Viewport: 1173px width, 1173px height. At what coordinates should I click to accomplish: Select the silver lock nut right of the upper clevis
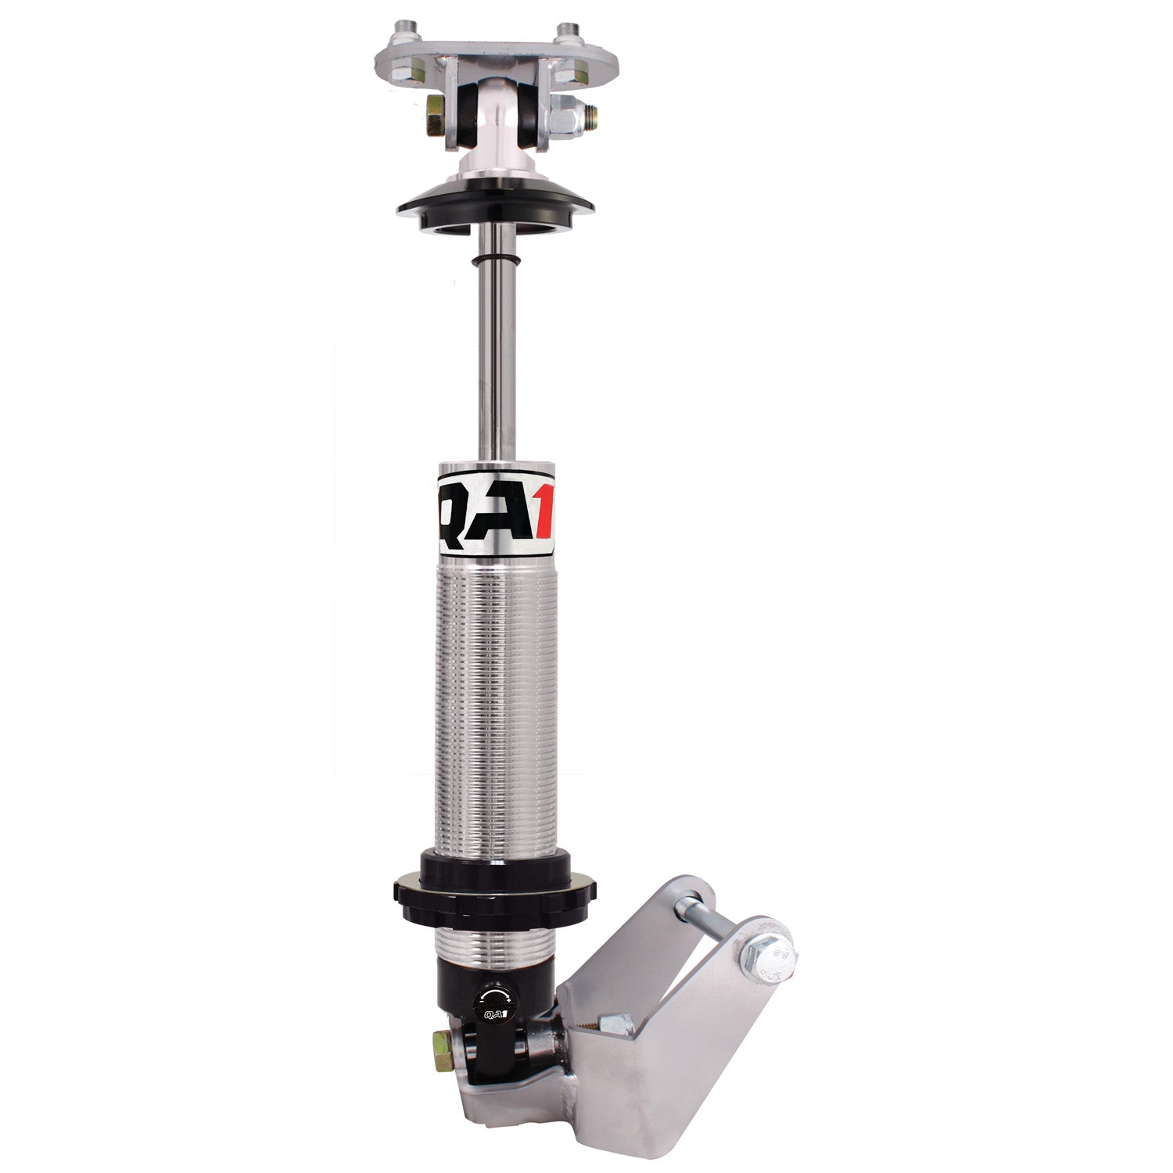(569, 117)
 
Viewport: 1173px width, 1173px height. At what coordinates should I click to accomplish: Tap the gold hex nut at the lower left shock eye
(442, 1043)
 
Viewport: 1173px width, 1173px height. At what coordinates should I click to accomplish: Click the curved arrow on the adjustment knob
(491, 995)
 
